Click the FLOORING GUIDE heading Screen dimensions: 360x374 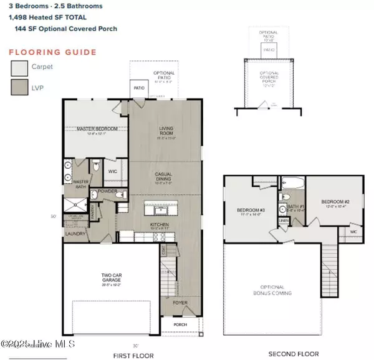tap(53, 52)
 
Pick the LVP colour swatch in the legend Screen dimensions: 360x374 tap(19, 87)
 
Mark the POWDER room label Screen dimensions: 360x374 tap(107, 191)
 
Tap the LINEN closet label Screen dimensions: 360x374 tap(284, 220)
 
